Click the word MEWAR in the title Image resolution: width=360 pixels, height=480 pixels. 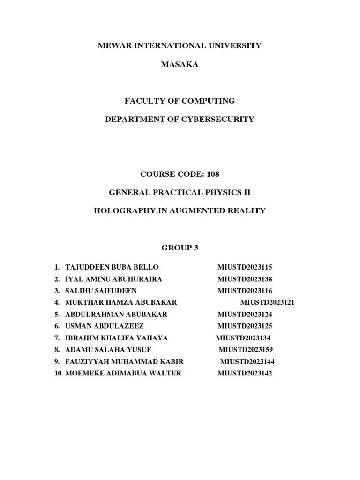113,46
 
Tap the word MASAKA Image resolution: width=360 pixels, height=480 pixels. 180,65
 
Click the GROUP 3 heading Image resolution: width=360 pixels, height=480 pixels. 180,248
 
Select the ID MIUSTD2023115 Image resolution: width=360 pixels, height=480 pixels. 245,267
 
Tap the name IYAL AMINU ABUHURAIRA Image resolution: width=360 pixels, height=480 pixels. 113,279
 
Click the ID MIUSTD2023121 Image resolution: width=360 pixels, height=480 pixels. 267,302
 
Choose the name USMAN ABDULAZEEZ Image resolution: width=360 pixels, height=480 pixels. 105,326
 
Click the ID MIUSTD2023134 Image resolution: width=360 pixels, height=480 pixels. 243,338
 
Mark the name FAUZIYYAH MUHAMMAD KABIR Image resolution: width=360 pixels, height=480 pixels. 124,361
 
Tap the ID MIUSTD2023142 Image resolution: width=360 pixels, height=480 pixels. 245,373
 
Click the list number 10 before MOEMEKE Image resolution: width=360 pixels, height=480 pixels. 58,373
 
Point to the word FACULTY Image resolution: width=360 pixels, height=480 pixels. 144,101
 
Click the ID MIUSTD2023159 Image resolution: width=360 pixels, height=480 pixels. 246,350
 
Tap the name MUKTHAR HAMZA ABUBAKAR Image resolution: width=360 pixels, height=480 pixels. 121,302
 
